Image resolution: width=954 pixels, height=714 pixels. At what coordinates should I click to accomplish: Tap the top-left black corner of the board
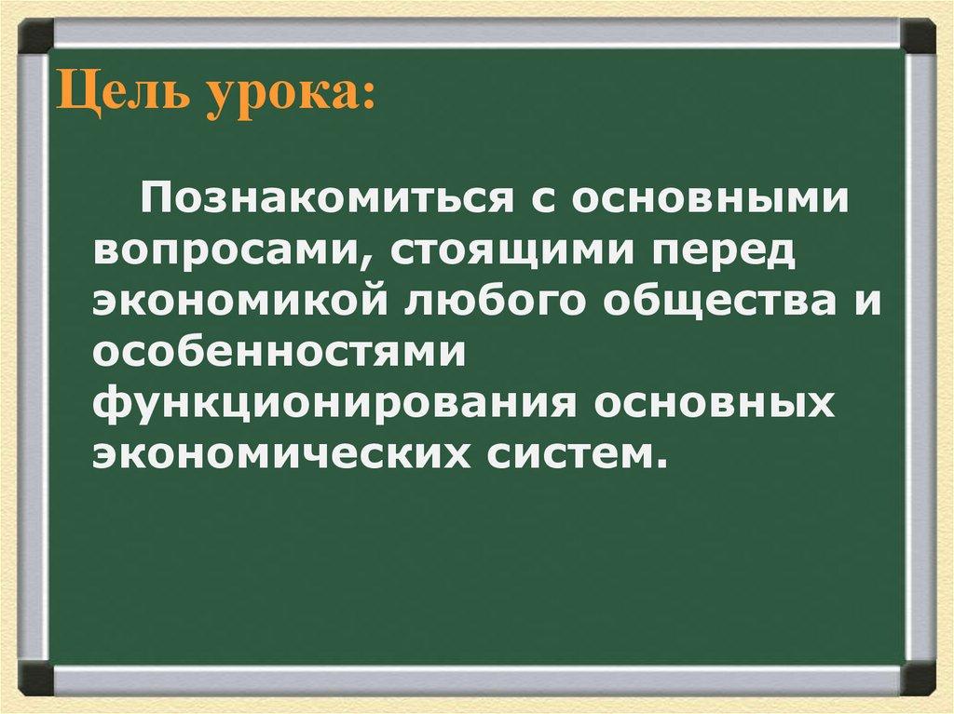[36, 37]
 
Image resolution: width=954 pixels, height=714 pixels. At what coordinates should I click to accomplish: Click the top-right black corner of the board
[919, 37]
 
